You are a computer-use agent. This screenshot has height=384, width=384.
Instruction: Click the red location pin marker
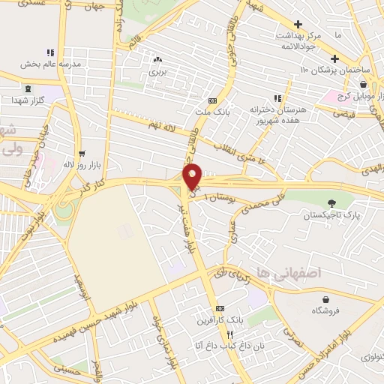193,176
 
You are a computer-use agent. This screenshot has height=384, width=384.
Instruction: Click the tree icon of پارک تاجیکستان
331,202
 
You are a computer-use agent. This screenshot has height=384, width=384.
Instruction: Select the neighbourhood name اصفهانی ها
288,274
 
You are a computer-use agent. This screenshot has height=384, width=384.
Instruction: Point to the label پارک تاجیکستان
327,216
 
